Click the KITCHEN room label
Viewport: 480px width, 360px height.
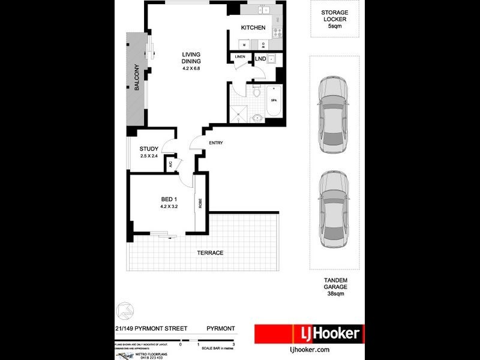253,28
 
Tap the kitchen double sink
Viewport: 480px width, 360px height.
263,10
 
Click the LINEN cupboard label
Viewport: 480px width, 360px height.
240,57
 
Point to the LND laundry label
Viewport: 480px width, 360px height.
260,59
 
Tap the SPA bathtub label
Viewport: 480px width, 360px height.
274,100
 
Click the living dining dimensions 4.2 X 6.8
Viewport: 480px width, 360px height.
191,68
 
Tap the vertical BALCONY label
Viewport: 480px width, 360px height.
137,77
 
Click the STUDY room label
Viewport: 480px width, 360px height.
148,149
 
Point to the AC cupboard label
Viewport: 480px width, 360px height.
170,163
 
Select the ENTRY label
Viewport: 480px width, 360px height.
216,143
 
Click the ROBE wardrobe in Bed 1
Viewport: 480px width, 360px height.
200,203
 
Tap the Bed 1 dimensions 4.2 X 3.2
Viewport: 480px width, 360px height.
169,206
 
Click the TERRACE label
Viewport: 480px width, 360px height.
210,253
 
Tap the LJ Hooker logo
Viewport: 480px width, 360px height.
308,334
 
